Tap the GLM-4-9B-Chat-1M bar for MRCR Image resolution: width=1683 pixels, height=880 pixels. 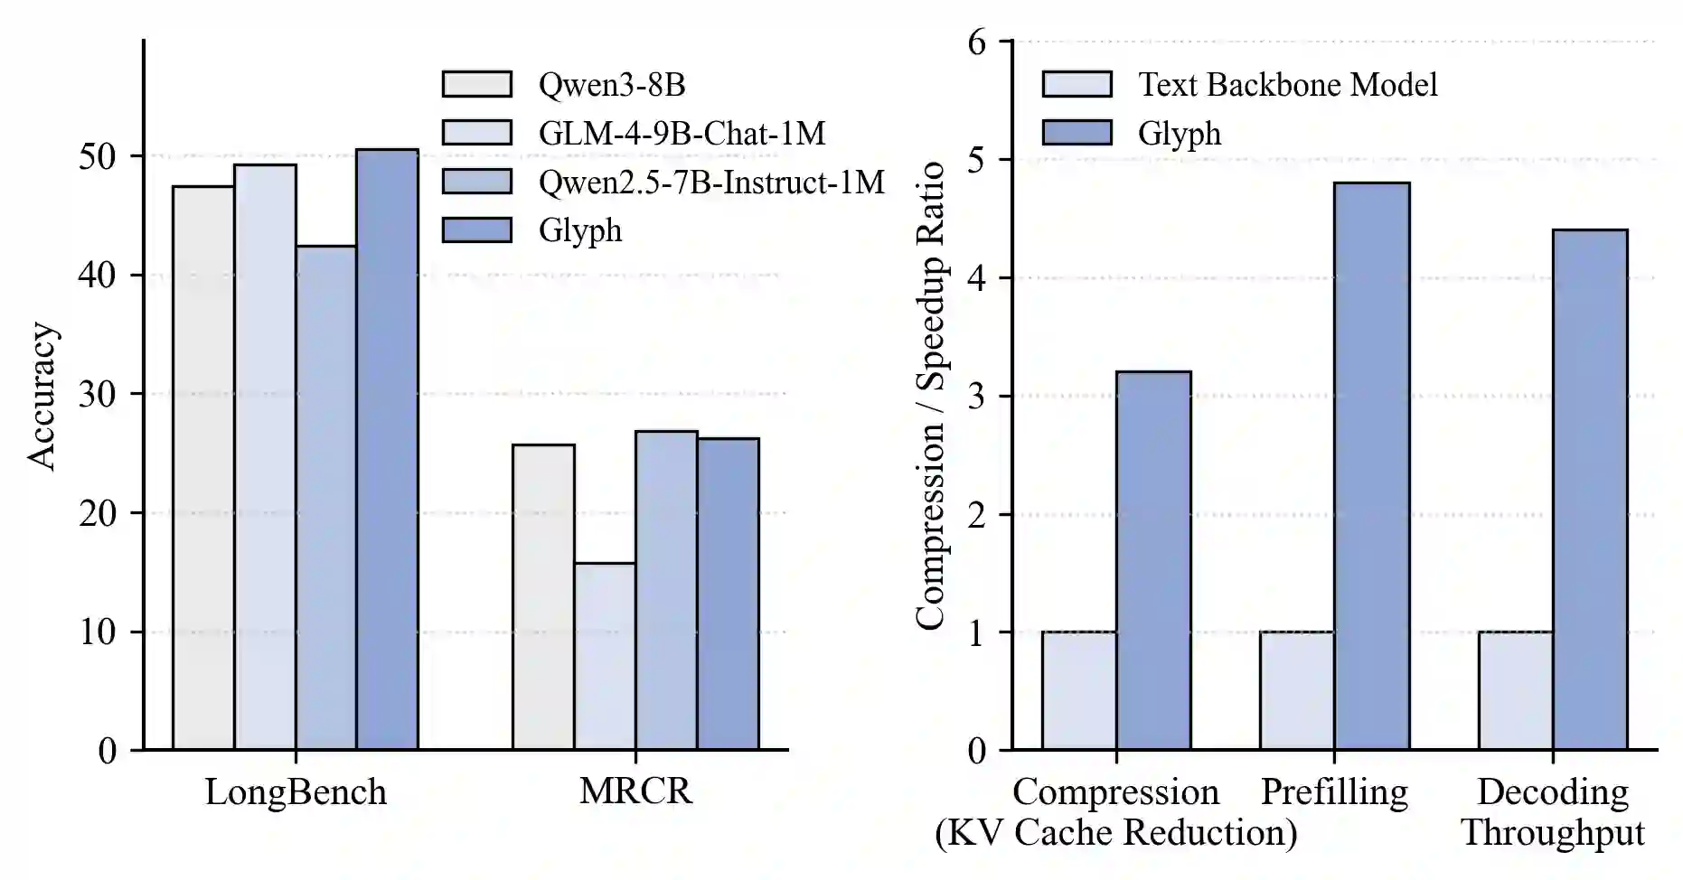click(x=605, y=656)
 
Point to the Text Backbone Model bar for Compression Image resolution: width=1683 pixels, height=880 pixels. click(x=1078, y=690)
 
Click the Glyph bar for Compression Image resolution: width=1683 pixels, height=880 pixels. click(x=1153, y=560)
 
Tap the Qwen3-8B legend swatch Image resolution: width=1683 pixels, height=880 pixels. click(x=476, y=84)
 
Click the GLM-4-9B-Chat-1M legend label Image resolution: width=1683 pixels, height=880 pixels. click(x=682, y=133)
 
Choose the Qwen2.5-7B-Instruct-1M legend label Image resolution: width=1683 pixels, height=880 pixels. click(x=711, y=182)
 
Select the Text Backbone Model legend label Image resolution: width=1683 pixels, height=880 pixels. click(x=1287, y=84)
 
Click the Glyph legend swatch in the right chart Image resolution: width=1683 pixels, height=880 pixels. click(x=1077, y=133)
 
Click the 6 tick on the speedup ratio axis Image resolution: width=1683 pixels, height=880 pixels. click(x=977, y=42)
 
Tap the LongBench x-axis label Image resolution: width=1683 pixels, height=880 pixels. click(x=296, y=791)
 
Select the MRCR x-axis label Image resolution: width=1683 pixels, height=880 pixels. click(x=635, y=791)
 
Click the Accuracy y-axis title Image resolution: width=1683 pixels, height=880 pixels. click(x=42, y=395)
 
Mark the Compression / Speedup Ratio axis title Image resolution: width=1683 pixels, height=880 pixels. click(x=930, y=395)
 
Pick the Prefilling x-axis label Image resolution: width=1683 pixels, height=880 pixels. click(x=1334, y=791)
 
